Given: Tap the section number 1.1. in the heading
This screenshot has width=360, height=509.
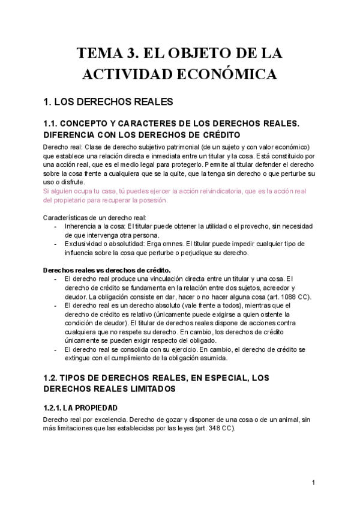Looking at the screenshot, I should point(55,124).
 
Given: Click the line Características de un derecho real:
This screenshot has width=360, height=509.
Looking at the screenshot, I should point(94,217).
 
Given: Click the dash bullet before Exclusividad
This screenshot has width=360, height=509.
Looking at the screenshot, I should point(56,244).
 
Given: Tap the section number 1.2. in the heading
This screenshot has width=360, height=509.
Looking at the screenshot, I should point(55,379).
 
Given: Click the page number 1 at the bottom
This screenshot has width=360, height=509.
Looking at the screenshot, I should point(313,482).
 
